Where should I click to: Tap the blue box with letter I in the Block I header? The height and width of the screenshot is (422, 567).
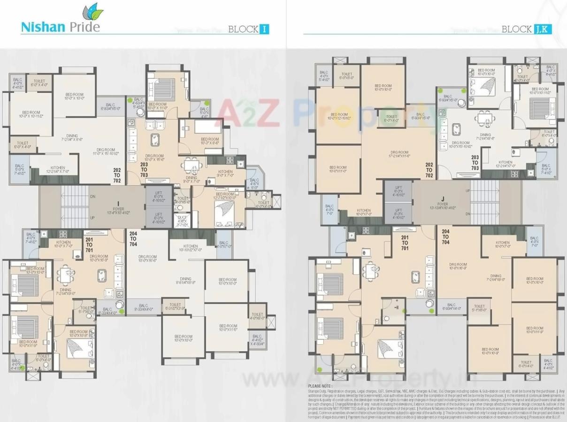tap(264, 29)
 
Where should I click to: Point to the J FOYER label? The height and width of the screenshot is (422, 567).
tap(442, 203)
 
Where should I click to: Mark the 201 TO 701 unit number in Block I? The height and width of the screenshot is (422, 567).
tap(89, 244)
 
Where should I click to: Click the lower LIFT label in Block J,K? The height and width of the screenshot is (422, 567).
tap(398, 213)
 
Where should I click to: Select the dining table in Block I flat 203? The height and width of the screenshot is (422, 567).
tap(191, 165)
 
